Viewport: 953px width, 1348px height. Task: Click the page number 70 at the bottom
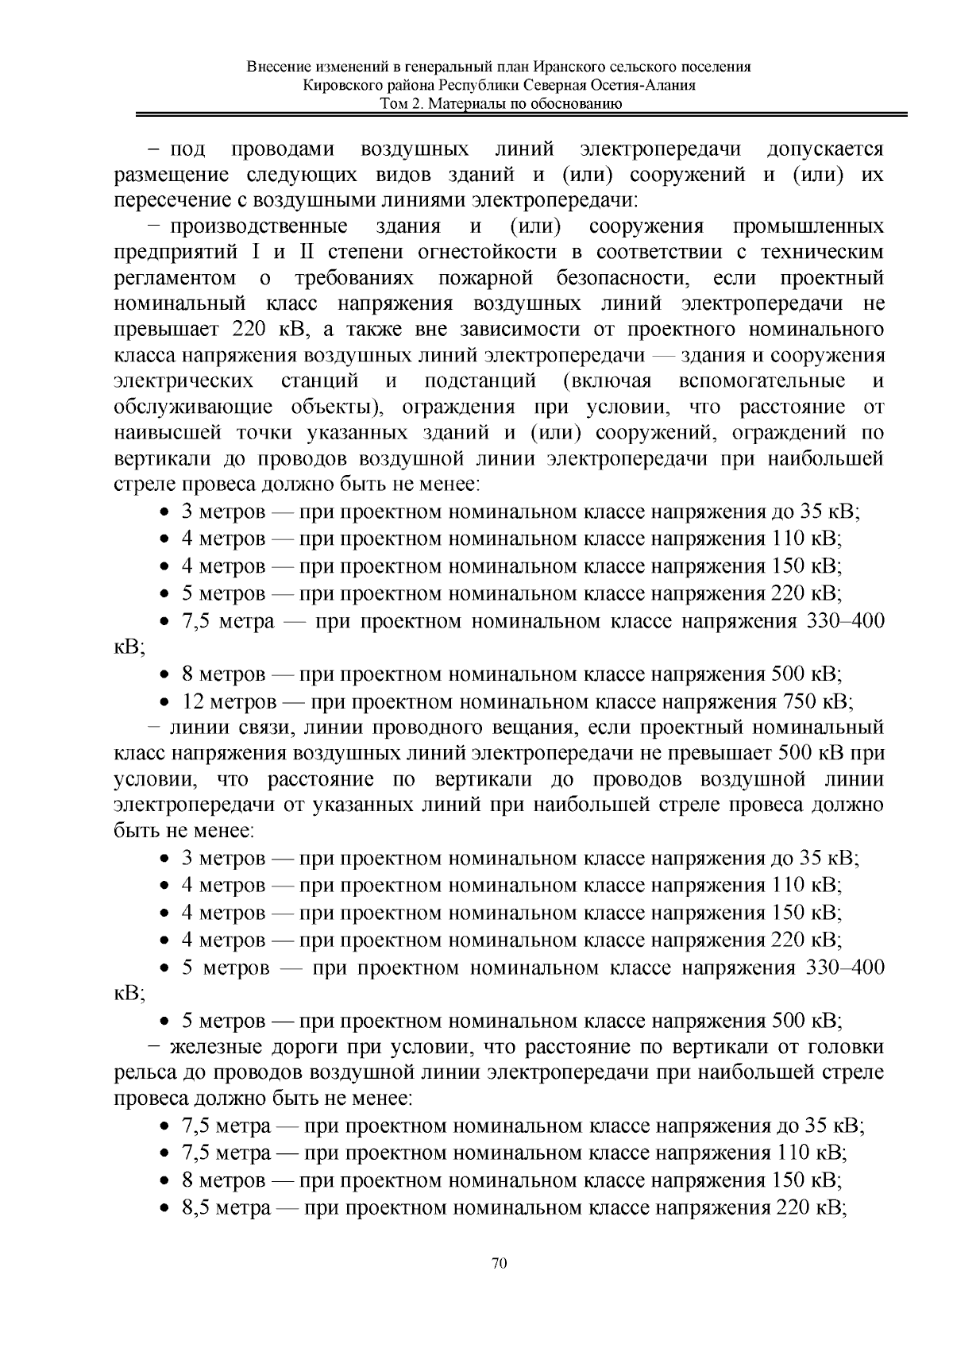coord(500,1264)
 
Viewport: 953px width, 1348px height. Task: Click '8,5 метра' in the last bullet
coord(227,1208)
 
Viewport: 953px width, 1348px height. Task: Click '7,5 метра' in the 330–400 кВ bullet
coord(227,621)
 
